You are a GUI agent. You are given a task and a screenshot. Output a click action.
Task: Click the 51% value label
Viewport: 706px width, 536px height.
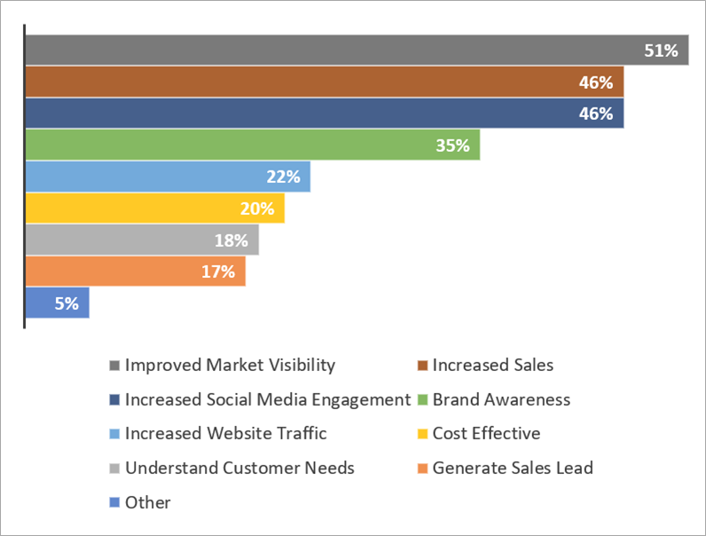click(661, 51)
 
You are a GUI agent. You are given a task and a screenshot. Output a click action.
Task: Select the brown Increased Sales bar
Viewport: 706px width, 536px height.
click(324, 83)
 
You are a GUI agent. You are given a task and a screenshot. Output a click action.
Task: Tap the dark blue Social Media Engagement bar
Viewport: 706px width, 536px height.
click(324, 114)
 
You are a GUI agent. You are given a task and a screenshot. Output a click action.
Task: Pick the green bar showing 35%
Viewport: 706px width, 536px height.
click(253, 146)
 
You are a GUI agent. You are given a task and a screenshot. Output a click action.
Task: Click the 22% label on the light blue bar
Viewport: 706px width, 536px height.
click(282, 177)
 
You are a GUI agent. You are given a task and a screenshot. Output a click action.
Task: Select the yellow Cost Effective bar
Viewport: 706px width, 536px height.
click(154, 209)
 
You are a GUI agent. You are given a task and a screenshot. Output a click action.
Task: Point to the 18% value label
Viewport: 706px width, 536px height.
click(231, 240)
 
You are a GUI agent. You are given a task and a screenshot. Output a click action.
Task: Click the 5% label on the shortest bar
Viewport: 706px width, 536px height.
click(67, 303)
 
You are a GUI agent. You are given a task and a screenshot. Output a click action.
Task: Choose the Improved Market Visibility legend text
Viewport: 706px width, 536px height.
click(230, 365)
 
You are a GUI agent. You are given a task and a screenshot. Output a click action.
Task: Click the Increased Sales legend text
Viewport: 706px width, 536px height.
click(493, 365)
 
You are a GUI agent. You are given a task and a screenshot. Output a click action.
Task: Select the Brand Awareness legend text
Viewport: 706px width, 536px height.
click(501, 399)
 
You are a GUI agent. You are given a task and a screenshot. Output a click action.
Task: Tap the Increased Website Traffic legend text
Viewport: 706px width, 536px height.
click(225, 433)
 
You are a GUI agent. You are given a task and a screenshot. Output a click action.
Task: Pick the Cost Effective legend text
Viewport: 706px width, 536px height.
click(486, 433)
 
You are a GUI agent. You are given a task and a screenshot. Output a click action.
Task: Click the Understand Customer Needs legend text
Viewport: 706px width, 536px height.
click(239, 468)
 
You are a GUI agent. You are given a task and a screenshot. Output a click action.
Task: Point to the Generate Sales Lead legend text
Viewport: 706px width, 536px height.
click(513, 468)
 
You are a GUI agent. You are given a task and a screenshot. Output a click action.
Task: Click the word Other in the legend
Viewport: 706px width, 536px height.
click(147, 502)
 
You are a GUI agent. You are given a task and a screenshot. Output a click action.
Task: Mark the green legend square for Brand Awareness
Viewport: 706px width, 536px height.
click(423, 400)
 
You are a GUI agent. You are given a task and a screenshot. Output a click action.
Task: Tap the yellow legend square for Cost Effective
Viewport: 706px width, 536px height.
click(423, 434)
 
